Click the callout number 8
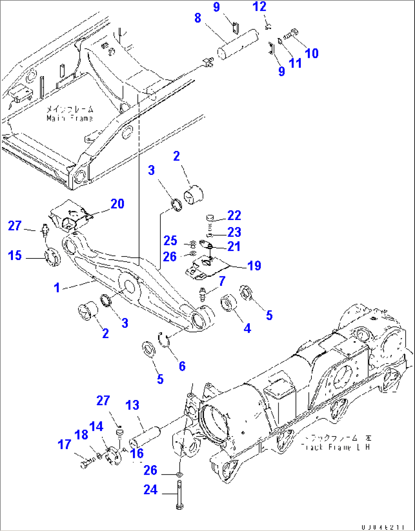coord(198,18)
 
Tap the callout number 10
coord(311,53)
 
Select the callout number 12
coord(260,6)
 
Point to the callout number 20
coord(117,204)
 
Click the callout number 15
coord(15,255)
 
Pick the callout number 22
coord(234,215)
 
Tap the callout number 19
coord(254,266)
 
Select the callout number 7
coord(222,281)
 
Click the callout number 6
coord(182,366)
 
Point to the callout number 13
coord(132,405)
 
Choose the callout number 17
coord(64,444)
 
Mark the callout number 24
coord(150,490)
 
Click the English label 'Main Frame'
coord(70,118)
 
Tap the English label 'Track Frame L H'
coord(335,447)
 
